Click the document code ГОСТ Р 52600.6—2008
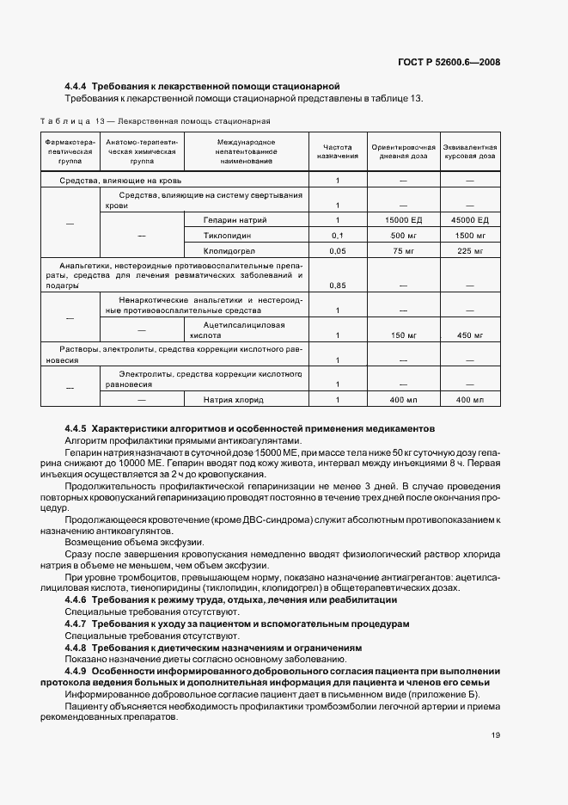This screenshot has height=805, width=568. [x=449, y=61]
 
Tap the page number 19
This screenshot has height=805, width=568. [x=496, y=735]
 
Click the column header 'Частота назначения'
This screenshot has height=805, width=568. [x=337, y=151]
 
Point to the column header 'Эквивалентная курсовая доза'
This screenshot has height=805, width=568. [x=469, y=151]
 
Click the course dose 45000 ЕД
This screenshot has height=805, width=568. [x=469, y=220]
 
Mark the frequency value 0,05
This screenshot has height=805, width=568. [x=337, y=251]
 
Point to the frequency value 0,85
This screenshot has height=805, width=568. [x=337, y=285]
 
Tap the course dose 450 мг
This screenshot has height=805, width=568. [x=469, y=335]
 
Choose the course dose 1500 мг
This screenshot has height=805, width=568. [x=469, y=236]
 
